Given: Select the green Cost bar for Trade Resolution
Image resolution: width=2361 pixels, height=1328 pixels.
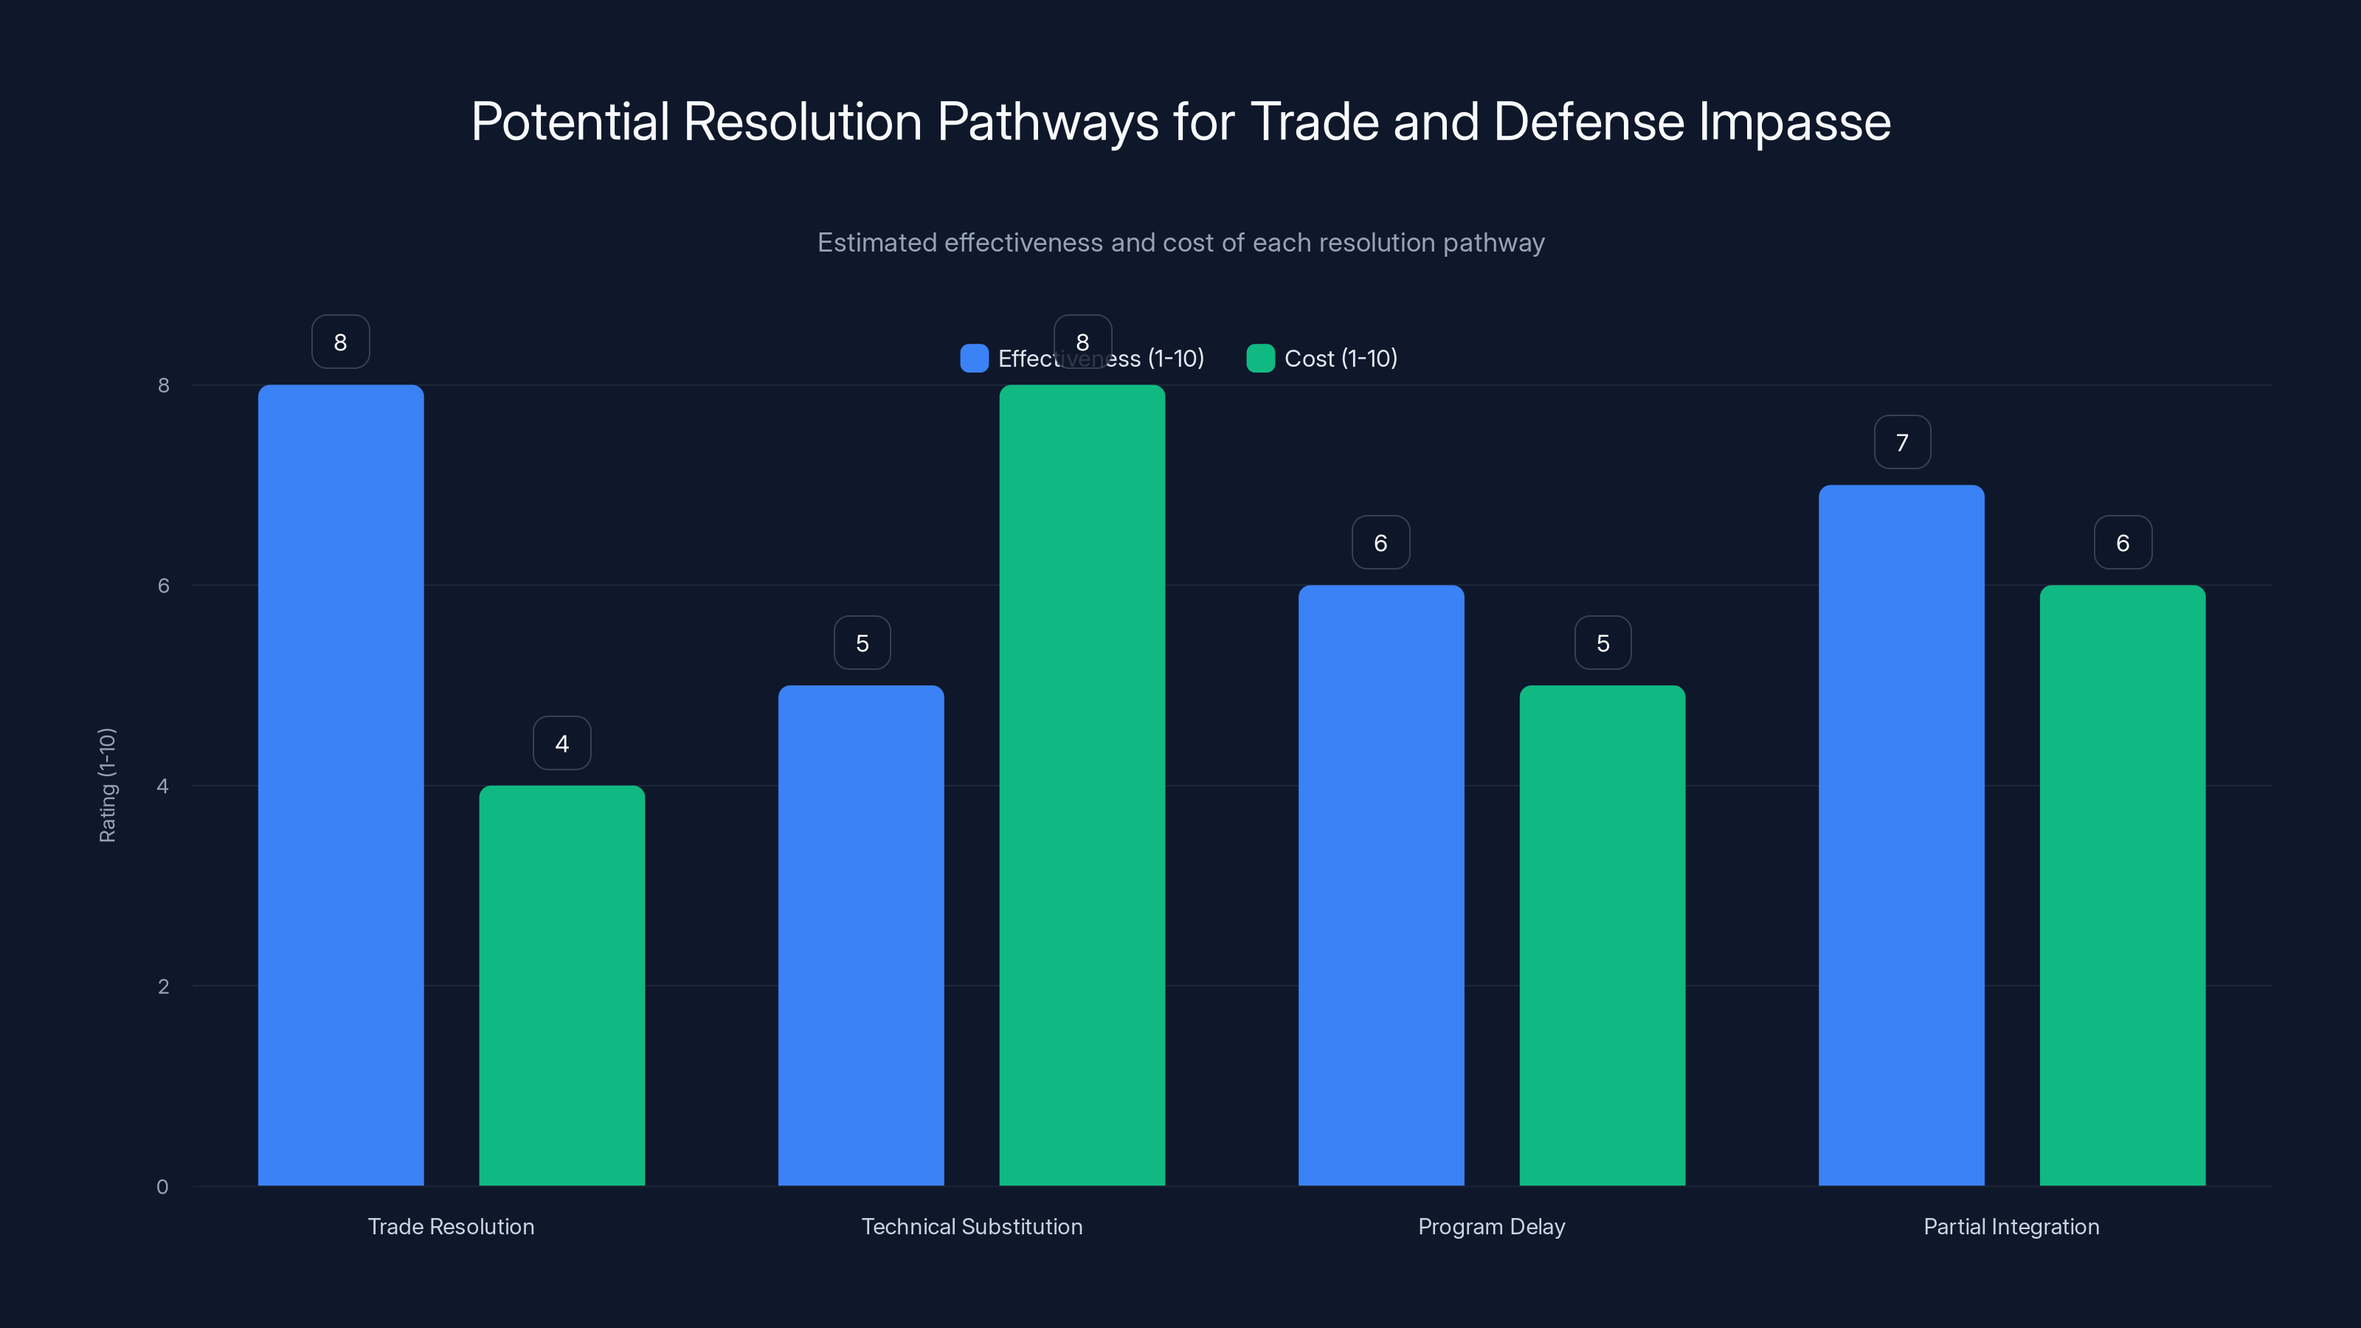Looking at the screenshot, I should tap(561, 985).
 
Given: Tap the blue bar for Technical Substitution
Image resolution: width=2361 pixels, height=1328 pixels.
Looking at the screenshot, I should tap(860, 935).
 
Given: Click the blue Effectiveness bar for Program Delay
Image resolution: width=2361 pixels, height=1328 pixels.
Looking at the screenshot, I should tap(1380, 885).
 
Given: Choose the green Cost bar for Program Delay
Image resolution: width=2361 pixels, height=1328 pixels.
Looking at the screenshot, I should tap(1602, 935).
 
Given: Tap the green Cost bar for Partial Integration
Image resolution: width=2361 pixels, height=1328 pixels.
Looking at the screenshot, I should tap(2122, 885).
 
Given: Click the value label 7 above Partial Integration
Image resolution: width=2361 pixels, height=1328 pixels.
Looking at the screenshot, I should tap(1902, 443).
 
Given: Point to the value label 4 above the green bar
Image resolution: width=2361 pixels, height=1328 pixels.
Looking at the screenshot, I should tap(561, 743).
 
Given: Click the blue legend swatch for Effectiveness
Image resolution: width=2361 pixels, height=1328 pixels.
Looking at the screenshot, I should tap(973, 359).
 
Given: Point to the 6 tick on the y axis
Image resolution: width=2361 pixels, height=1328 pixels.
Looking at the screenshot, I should tap(163, 586).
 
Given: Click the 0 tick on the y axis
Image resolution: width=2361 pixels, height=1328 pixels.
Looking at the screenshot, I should tap(162, 1187).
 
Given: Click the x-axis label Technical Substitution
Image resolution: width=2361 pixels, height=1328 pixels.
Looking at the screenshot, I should tap(972, 1226).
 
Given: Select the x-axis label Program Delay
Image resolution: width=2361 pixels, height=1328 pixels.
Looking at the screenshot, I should tap(1491, 1226).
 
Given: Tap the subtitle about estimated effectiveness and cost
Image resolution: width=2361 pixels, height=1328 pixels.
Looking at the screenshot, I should tap(1180, 243).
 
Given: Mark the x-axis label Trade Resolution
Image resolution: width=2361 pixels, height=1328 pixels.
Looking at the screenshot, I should tap(451, 1226).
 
